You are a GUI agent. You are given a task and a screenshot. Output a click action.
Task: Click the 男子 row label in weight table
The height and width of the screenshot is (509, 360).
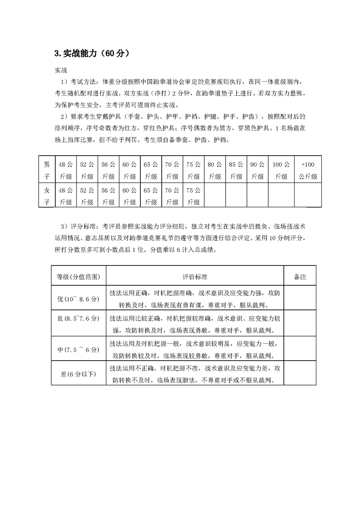(x=46, y=170)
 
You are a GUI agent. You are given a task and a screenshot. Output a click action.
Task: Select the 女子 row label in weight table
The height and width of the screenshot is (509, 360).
(x=46, y=196)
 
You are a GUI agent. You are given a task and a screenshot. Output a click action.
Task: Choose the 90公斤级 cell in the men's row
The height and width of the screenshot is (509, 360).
(x=257, y=170)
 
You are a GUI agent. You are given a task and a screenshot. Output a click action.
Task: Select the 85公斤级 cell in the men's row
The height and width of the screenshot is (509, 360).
(x=236, y=170)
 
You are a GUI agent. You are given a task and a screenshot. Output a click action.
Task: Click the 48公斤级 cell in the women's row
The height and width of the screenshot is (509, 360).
(x=66, y=196)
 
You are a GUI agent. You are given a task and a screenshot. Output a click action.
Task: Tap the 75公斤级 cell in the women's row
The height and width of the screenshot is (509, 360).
(x=193, y=196)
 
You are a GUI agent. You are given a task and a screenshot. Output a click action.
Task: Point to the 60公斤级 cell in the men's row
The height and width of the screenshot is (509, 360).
(x=129, y=170)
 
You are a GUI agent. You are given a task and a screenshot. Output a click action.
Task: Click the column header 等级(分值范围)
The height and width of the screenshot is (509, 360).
(x=79, y=276)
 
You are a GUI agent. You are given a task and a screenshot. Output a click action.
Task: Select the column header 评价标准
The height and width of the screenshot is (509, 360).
(x=195, y=276)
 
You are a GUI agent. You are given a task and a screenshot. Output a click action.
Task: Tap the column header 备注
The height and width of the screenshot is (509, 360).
(x=300, y=276)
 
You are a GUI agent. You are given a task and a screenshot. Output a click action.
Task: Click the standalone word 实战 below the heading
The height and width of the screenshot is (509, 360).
(x=61, y=71)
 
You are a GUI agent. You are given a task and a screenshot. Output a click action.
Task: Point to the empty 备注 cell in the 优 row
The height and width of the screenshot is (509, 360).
(x=300, y=298)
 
